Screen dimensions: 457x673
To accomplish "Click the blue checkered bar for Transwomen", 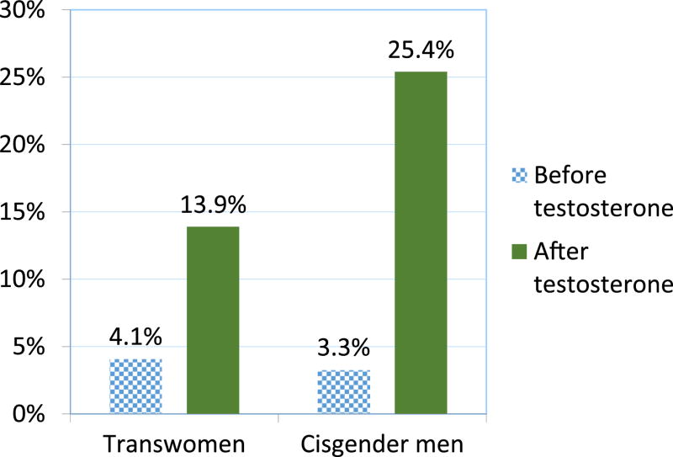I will click(135, 386).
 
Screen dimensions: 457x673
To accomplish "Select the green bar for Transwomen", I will click(213, 320).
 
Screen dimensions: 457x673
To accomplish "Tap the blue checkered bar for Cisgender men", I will click(343, 391).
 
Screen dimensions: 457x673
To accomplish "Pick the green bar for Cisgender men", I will click(421, 242).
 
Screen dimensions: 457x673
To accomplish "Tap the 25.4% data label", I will click(421, 51).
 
